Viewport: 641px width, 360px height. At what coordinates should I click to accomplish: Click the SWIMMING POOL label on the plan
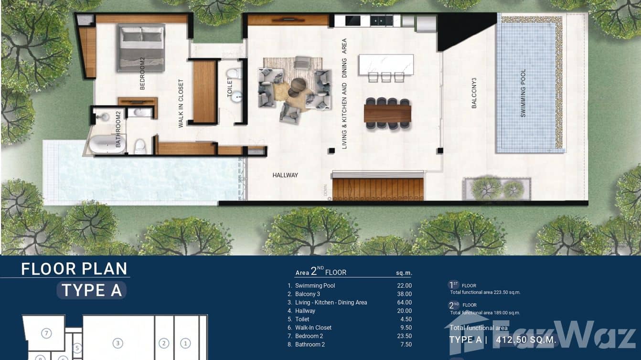pyautogui.click(x=523, y=93)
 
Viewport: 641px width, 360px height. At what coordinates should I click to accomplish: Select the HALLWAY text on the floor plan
pyautogui.click(x=285, y=175)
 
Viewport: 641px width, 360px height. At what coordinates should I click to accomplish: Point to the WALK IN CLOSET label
pyautogui.click(x=181, y=103)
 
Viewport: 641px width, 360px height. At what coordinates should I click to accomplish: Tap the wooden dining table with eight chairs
pyautogui.click(x=387, y=114)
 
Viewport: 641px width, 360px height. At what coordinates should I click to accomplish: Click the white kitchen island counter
pyautogui.click(x=386, y=64)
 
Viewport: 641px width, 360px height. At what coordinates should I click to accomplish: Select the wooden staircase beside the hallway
pyautogui.click(x=378, y=189)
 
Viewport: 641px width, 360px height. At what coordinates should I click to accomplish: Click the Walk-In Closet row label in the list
pyautogui.click(x=313, y=328)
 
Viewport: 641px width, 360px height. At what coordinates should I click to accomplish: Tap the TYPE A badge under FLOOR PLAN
pyautogui.click(x=92, y=290)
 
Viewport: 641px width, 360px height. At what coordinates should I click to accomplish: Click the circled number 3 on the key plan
pyautogui.click(x=118, y=343)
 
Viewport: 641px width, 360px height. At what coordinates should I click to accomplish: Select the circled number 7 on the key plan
pyautogui.click(x=46, y=333)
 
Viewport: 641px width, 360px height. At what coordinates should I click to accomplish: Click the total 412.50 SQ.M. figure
pyautogui.click(x=526, y=340)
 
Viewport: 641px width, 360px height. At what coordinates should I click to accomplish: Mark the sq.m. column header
pyautogui.click(x=404, y=273)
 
